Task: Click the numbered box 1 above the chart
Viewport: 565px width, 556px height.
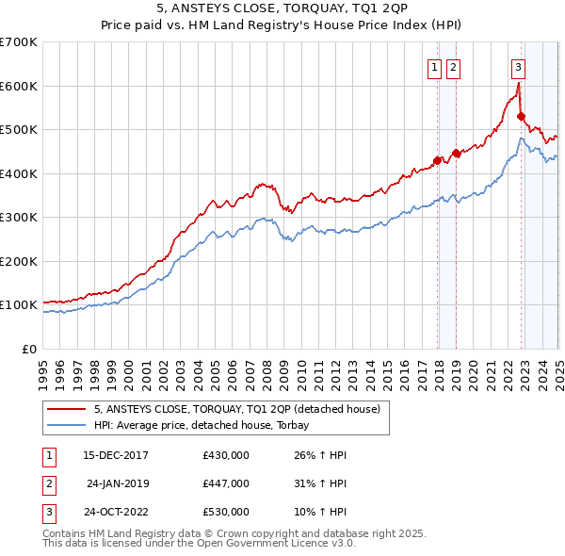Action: [x=435, y=66]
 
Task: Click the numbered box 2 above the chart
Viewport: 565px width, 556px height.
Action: [x=453, y=66]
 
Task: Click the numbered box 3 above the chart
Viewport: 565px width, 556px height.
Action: [x=519, y=66]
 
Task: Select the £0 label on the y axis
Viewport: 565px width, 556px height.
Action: [x=29, y=349]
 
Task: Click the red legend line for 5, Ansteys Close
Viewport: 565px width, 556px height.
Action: [x=66, y=410]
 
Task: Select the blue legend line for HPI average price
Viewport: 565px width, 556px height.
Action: [x=66, y=425]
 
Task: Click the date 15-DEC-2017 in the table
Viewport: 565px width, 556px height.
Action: [x=116, y=455]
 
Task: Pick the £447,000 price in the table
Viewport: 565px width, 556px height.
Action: [x=226, y=483]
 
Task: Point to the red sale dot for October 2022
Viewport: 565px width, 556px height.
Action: [x=521, y=117]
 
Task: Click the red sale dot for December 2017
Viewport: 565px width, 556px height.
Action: [x=437, y=160]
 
